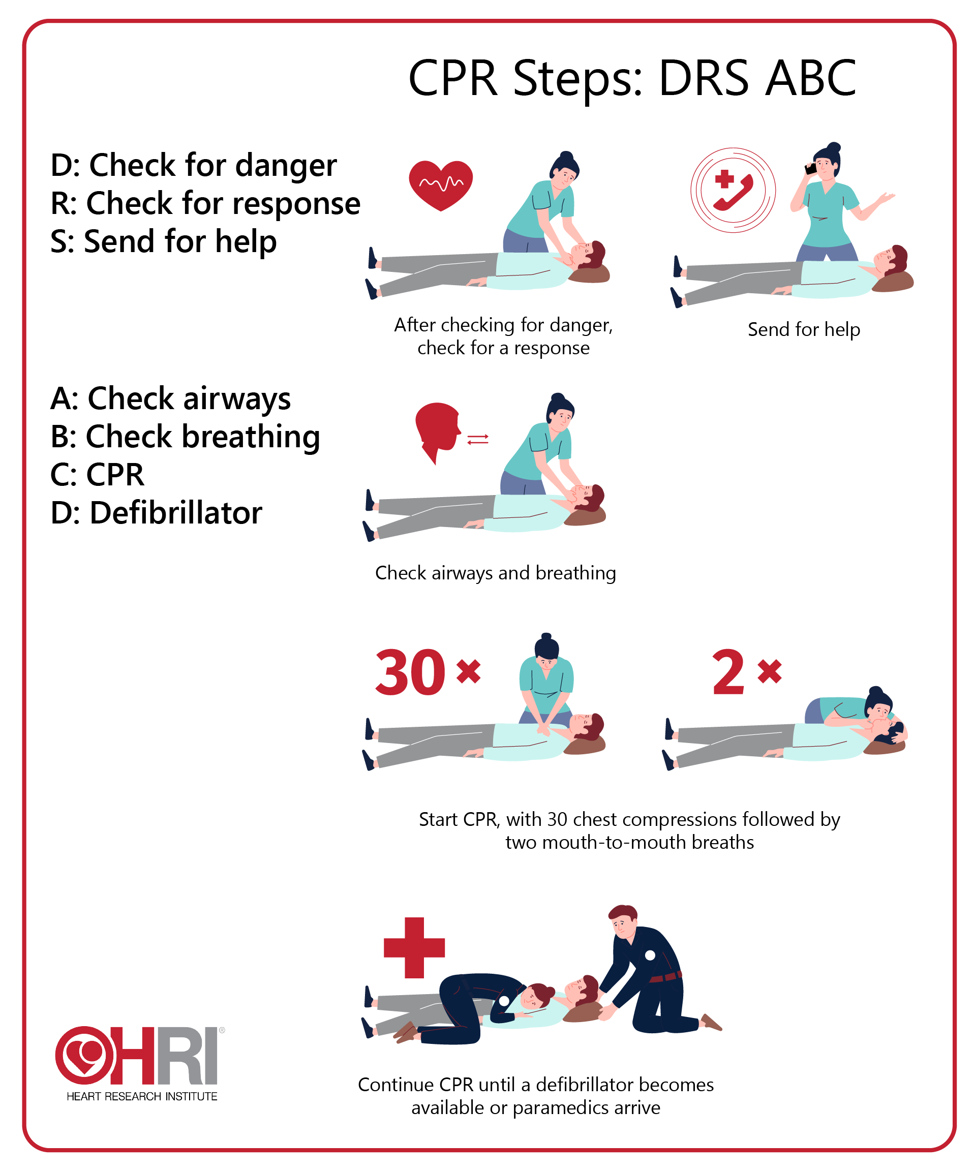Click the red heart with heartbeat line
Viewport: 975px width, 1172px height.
(x=440, y=184)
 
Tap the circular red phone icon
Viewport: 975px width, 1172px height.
(x=733, y=190)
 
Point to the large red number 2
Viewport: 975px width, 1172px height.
(x=728, y=672)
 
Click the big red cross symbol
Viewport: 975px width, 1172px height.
(x=414, y=948)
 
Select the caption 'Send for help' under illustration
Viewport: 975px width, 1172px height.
(x=803, y=329)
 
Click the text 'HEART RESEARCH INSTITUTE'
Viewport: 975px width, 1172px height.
(x=142, y=1097)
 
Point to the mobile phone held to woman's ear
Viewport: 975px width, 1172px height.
(x=810, y=169)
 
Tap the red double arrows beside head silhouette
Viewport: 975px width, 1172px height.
(x=478, y=440)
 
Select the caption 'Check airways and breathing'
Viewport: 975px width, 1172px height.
(x=495, y=573)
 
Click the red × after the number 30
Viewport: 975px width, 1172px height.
(x=468, y=671)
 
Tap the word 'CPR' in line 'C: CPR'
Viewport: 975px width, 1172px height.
(x=115, y=474)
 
